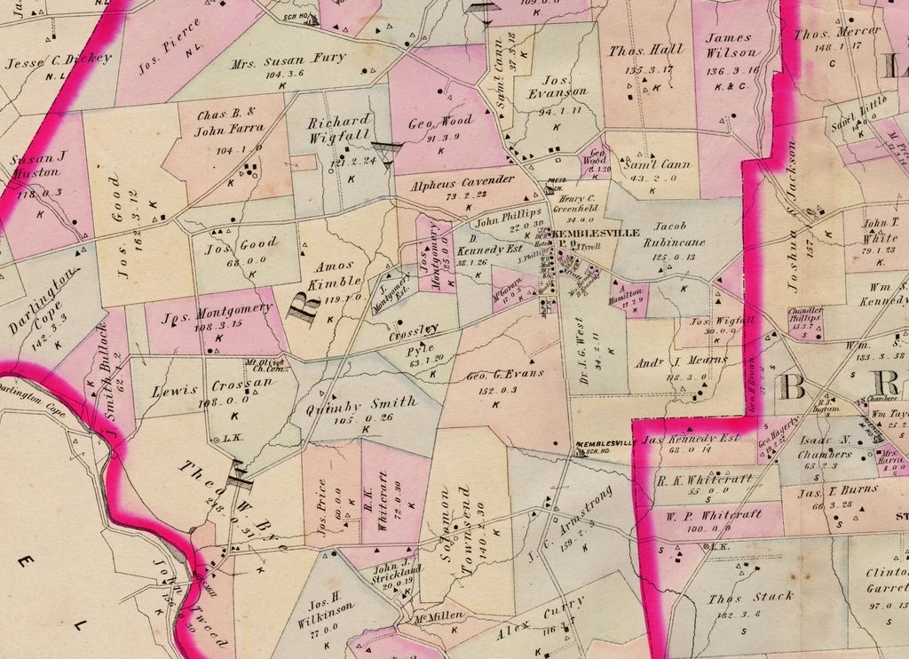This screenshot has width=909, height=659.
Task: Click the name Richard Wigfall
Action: point(339,130)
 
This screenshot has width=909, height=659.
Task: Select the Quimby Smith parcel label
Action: point(360,407)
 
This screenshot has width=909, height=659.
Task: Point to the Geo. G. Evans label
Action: point(504,375)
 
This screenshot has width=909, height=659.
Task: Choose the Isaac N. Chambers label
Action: point(825,448)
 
